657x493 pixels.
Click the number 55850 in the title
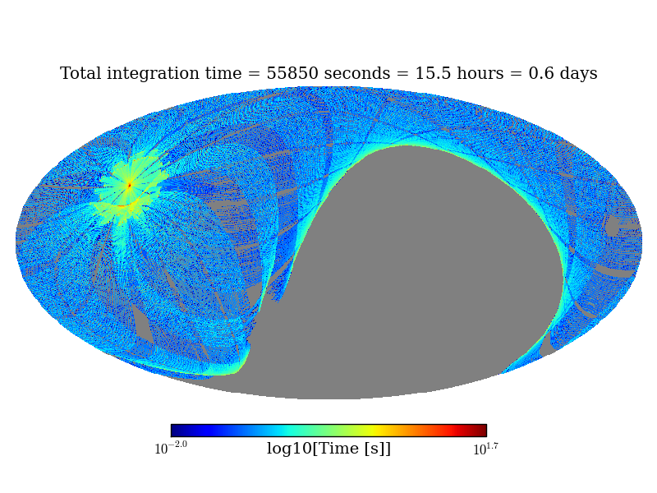[292, 74]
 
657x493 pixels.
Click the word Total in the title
[81, 74]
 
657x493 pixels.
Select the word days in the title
[577, 75]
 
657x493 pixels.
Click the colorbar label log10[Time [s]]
[328, 449]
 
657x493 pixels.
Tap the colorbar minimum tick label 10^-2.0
[171, 449]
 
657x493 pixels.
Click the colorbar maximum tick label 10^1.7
[485, 449]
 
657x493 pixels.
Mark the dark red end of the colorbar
[482, 431]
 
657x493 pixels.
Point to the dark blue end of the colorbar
[175, 431]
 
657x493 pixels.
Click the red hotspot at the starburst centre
[129, 185]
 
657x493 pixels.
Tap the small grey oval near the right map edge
[612, 225]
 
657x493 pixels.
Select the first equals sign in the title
[255, 75]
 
